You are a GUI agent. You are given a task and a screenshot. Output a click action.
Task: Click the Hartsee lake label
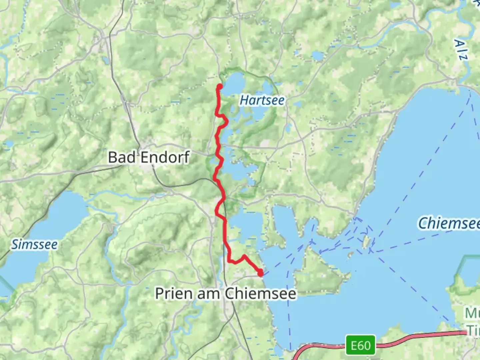click(262, 100)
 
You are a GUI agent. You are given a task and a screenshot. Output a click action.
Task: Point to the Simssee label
click(34, 245)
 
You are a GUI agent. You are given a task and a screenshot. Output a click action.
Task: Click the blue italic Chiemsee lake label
click(449, 223)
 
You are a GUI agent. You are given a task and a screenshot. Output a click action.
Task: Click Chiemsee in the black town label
click(260, 294)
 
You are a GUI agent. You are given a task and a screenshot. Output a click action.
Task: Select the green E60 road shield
click(360, 345)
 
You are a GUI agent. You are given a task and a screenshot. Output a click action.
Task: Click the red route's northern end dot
click(220, 87)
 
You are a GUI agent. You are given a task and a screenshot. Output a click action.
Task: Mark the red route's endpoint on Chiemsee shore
click(260, 274)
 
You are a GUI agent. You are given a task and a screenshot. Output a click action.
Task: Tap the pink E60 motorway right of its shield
click(417, 337)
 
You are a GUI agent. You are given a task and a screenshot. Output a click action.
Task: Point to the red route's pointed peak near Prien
click(244, 256)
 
